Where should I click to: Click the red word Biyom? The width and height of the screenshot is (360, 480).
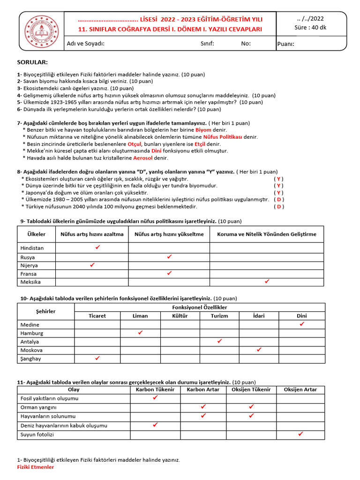[x=203, y=130]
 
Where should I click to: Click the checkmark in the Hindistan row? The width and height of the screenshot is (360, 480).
[x=97, y=247]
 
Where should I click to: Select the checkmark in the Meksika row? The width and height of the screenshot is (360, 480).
[x=267, y=282]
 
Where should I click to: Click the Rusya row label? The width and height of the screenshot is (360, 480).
[x=28, y=257]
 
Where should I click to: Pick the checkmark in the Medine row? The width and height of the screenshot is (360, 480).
[x=302, y=324]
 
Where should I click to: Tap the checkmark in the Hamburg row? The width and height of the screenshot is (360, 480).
[x=140, y=333]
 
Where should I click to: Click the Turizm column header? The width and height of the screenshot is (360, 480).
[x=219, y=316]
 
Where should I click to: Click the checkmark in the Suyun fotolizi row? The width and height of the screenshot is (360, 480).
[x=300, y=434]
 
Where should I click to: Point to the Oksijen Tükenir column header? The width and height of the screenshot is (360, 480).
[x=251, y=390]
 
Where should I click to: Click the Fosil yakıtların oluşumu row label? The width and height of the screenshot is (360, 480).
[x=50, y=398]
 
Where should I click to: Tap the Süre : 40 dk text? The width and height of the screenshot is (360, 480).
[x=310, y=28]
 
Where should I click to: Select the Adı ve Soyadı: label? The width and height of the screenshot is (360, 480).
[x=85, y=44]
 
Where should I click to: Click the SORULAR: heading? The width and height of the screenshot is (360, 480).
[x=32, y=62]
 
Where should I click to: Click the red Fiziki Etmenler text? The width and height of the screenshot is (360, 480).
[x=36, y=467]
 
